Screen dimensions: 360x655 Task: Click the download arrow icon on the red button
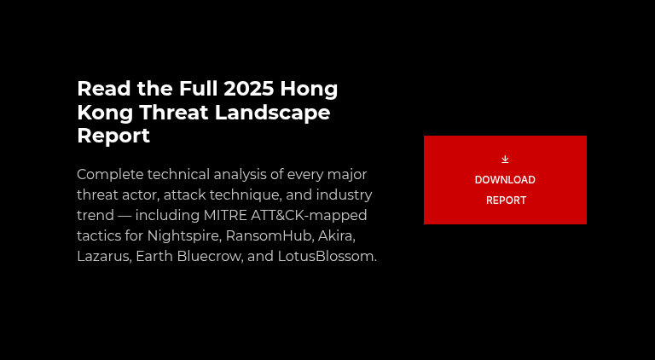pos(505,159)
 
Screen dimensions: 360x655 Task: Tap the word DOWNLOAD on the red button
pos(505,180)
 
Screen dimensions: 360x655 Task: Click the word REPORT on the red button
pos(506,200)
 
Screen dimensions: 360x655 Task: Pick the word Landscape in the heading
pos(281,113)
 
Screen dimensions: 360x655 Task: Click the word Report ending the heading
pos(113,136)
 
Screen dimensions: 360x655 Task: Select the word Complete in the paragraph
pos(109,174)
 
